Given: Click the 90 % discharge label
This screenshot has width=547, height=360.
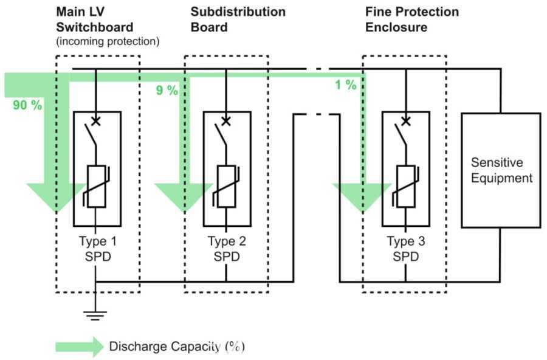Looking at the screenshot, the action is pos(27,105).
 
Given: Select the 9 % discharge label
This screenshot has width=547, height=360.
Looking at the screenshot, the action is pos(167,90).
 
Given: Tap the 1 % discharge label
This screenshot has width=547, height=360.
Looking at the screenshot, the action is pos(346,85).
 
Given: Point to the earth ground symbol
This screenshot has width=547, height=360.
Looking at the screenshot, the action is pos(95,315).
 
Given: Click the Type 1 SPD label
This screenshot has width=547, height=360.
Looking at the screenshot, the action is pos(98,249).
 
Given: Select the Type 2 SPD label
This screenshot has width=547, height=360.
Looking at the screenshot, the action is pos(227,249).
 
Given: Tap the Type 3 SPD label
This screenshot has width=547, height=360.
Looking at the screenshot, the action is pos(406,249).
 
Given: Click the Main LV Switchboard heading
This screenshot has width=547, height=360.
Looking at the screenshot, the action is pos(95,19).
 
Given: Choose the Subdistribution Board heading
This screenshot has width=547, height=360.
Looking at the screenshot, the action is pos(238,19).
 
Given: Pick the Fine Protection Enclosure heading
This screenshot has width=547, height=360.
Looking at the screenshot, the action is pos(412,19).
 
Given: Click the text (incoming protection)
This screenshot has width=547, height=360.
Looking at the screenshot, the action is pos(108,41).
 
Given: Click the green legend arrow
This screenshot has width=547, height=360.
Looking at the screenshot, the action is pos(80,347).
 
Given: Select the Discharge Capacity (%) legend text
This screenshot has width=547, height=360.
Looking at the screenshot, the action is pos(177,347).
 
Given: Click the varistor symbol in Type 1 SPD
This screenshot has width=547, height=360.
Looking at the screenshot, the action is pos(96,187).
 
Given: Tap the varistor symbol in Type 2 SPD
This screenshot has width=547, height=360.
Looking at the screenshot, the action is pos(227,187).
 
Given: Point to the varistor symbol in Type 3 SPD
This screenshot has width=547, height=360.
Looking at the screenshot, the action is pos(406,187).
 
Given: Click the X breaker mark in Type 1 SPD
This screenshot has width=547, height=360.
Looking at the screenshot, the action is pos(95,121).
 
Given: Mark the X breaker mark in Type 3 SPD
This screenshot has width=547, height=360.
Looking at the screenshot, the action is pos(405,121).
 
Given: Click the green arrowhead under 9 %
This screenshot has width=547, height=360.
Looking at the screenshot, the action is pos(184,198).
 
